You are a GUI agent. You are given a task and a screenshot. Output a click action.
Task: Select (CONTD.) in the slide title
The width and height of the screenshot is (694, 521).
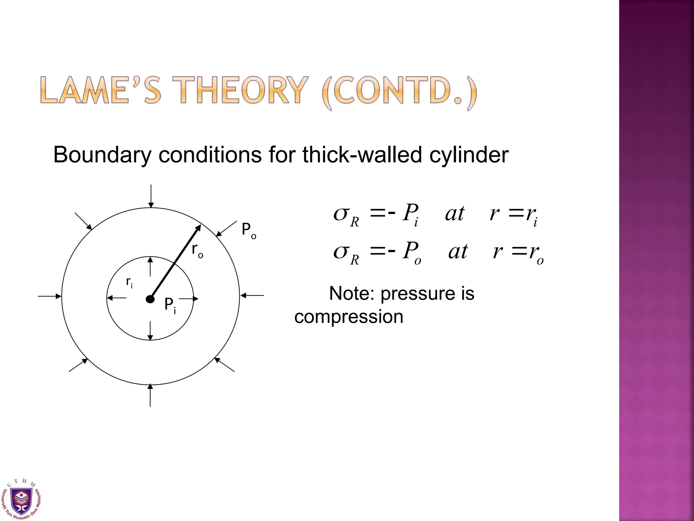tap(399, 92)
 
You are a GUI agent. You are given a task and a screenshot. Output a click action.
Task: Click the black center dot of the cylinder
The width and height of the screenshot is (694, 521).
tap(150, 299)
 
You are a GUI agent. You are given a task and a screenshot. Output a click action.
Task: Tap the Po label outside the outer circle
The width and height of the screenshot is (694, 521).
tap(248, 230)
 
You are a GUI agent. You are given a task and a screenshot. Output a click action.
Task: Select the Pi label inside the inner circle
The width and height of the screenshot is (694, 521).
tap(170, 305)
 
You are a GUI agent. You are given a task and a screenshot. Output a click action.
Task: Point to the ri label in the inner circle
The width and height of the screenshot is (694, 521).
tap(129, 282)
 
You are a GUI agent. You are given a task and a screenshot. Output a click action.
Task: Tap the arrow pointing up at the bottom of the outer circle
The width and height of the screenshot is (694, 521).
tap(150, 395)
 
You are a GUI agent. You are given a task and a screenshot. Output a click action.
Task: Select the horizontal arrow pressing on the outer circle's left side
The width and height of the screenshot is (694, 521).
tap(49, 296)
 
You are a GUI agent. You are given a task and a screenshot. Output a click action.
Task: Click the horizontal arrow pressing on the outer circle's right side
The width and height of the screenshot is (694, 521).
tap(252, 296)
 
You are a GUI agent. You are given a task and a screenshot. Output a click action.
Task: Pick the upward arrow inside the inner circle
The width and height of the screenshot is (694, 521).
tap(150, 267)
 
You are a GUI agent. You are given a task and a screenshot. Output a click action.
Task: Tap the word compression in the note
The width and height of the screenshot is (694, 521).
tap(349, 317)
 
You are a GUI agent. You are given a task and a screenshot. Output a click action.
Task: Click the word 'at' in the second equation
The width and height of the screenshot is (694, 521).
tap(458, 252)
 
